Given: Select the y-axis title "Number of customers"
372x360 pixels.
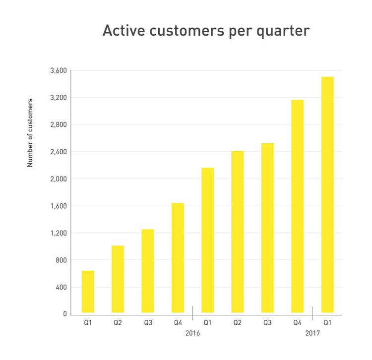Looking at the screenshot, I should tap(30, 133).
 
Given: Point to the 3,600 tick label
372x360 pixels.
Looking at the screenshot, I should tap(59, 70).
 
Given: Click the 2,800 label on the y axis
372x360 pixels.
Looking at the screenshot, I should tap(59, 124).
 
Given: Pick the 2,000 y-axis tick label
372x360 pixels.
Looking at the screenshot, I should tap(59, 179).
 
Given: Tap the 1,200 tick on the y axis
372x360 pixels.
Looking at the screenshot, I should tap(59, 233).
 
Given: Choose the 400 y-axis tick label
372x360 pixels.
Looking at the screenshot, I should tap(61, 287).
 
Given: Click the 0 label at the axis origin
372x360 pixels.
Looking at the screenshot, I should tap(65, 314).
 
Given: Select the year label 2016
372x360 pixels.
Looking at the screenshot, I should tap(192, 333).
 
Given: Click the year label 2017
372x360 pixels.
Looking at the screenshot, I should tap(312, 333).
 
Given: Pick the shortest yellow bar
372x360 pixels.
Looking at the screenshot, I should tap(88, 292).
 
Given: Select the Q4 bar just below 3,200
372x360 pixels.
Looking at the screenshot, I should tap(297, 206).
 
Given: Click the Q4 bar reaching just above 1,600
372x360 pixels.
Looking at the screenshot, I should tap(178, 258).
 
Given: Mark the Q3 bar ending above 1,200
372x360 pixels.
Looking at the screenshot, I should tap(147, 271).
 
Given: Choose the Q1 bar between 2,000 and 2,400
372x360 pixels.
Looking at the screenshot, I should tap(207, 240).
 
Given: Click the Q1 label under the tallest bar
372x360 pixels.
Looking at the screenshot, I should tap(327, 323).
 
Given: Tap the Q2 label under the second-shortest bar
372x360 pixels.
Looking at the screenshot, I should tap(118, 323).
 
